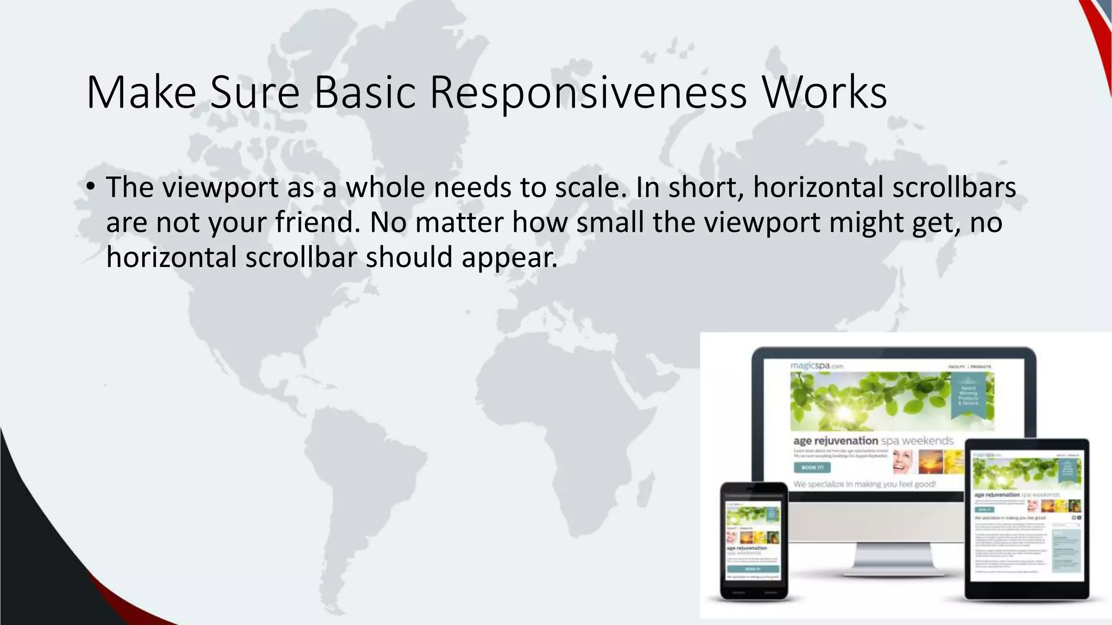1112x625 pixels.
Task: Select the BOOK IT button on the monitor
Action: [x=812, y=468]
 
